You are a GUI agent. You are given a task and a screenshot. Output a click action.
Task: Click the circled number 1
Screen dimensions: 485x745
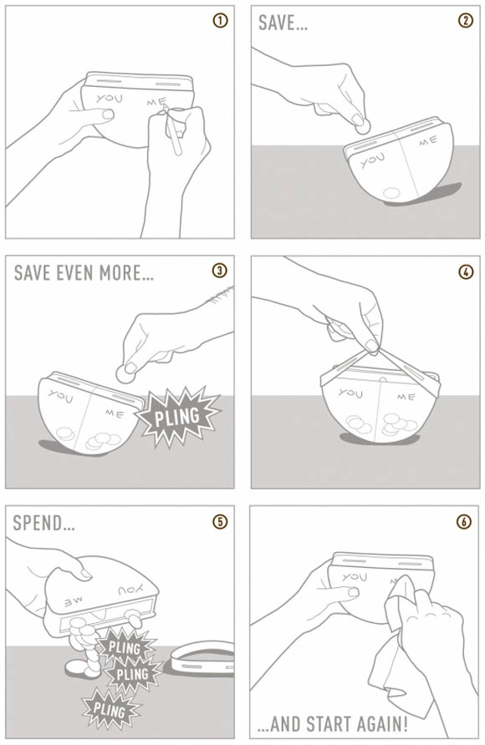click(220, 21)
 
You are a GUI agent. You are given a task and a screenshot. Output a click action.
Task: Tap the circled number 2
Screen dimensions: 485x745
click(466, 21)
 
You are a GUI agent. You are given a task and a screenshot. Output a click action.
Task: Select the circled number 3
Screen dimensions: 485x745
click(219, 271)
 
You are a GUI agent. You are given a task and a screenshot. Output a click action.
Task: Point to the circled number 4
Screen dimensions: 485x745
click(466, 271)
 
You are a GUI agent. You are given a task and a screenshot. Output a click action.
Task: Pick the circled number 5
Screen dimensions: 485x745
click(219, 522)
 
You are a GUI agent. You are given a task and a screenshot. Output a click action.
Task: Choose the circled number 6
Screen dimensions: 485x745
click(464, 522)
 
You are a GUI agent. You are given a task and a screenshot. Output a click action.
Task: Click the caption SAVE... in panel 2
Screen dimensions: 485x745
click(283, 23)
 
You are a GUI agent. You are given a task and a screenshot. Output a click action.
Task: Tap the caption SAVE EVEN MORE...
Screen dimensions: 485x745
click(84, 273)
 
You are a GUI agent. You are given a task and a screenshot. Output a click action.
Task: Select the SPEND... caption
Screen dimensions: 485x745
click(43, 523)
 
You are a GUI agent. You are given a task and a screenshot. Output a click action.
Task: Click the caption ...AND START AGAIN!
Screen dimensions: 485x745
click(332, 725)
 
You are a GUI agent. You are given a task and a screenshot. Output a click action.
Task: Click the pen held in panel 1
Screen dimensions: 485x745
click(171, 130)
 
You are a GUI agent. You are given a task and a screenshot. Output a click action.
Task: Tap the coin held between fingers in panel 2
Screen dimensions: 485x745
click(363, 126)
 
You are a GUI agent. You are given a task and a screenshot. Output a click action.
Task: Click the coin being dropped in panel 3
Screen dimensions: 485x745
click(125, 373)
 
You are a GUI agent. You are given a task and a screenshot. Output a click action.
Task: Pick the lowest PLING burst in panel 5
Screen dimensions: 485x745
click(110, 709)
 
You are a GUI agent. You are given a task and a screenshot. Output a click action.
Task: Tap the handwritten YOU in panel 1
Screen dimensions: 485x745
click(109, 99)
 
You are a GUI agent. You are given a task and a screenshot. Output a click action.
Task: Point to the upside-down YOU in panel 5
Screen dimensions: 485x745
click(130, 590)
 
